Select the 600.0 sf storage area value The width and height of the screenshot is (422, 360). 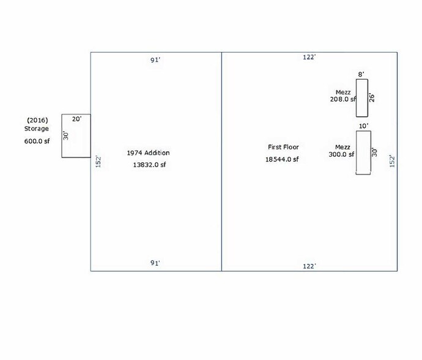click(37, 140)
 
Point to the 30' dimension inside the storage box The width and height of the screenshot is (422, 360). click(66, 135)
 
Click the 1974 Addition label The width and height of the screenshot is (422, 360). click(148, 152)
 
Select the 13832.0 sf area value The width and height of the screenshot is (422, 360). click(149, 165)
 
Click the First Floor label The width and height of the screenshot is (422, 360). click(283, 147)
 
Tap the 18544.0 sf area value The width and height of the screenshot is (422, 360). click(281, 159)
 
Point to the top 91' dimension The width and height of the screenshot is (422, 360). click(155, 60)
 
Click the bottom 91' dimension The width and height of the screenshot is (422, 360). click(155, 263)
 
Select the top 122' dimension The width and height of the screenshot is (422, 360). click(309, 57)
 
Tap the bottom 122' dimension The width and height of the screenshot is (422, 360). click(309, 266)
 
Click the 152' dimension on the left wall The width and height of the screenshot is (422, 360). click(97, 162)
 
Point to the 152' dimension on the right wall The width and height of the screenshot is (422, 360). click(393, 160)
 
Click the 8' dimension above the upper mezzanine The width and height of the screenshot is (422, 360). click(361, 74)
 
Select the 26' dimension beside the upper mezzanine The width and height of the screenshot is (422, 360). click(371, 98)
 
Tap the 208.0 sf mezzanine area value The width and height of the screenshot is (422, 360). click(342, 99)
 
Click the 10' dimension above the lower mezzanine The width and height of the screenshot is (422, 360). click(363, 126)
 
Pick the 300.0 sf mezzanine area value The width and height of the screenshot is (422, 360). click(341, 154)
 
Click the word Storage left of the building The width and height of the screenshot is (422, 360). click(36, 129)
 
